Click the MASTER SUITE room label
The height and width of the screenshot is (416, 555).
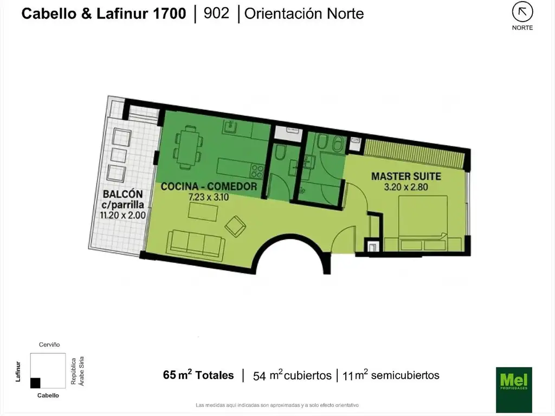(406, 176)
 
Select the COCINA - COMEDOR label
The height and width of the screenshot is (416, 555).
(209, 186)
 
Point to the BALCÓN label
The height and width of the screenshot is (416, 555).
(123, 194)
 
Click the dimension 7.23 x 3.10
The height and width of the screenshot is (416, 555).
(209, 197)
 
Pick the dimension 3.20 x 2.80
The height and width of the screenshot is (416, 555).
(406, 187)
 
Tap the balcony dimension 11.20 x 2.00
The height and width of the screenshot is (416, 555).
(123, 215)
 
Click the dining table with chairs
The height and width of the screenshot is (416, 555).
(188, 147)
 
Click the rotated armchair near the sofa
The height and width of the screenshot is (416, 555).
(235, 226)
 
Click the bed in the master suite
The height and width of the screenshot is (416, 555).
(423, 223)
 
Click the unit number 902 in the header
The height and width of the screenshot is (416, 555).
(216, 14)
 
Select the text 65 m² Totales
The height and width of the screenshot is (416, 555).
(198, 375)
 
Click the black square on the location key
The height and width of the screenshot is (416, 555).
(35, 383)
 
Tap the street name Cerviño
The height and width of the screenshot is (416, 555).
(49, 344)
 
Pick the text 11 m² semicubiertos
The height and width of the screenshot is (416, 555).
(391, 375)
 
